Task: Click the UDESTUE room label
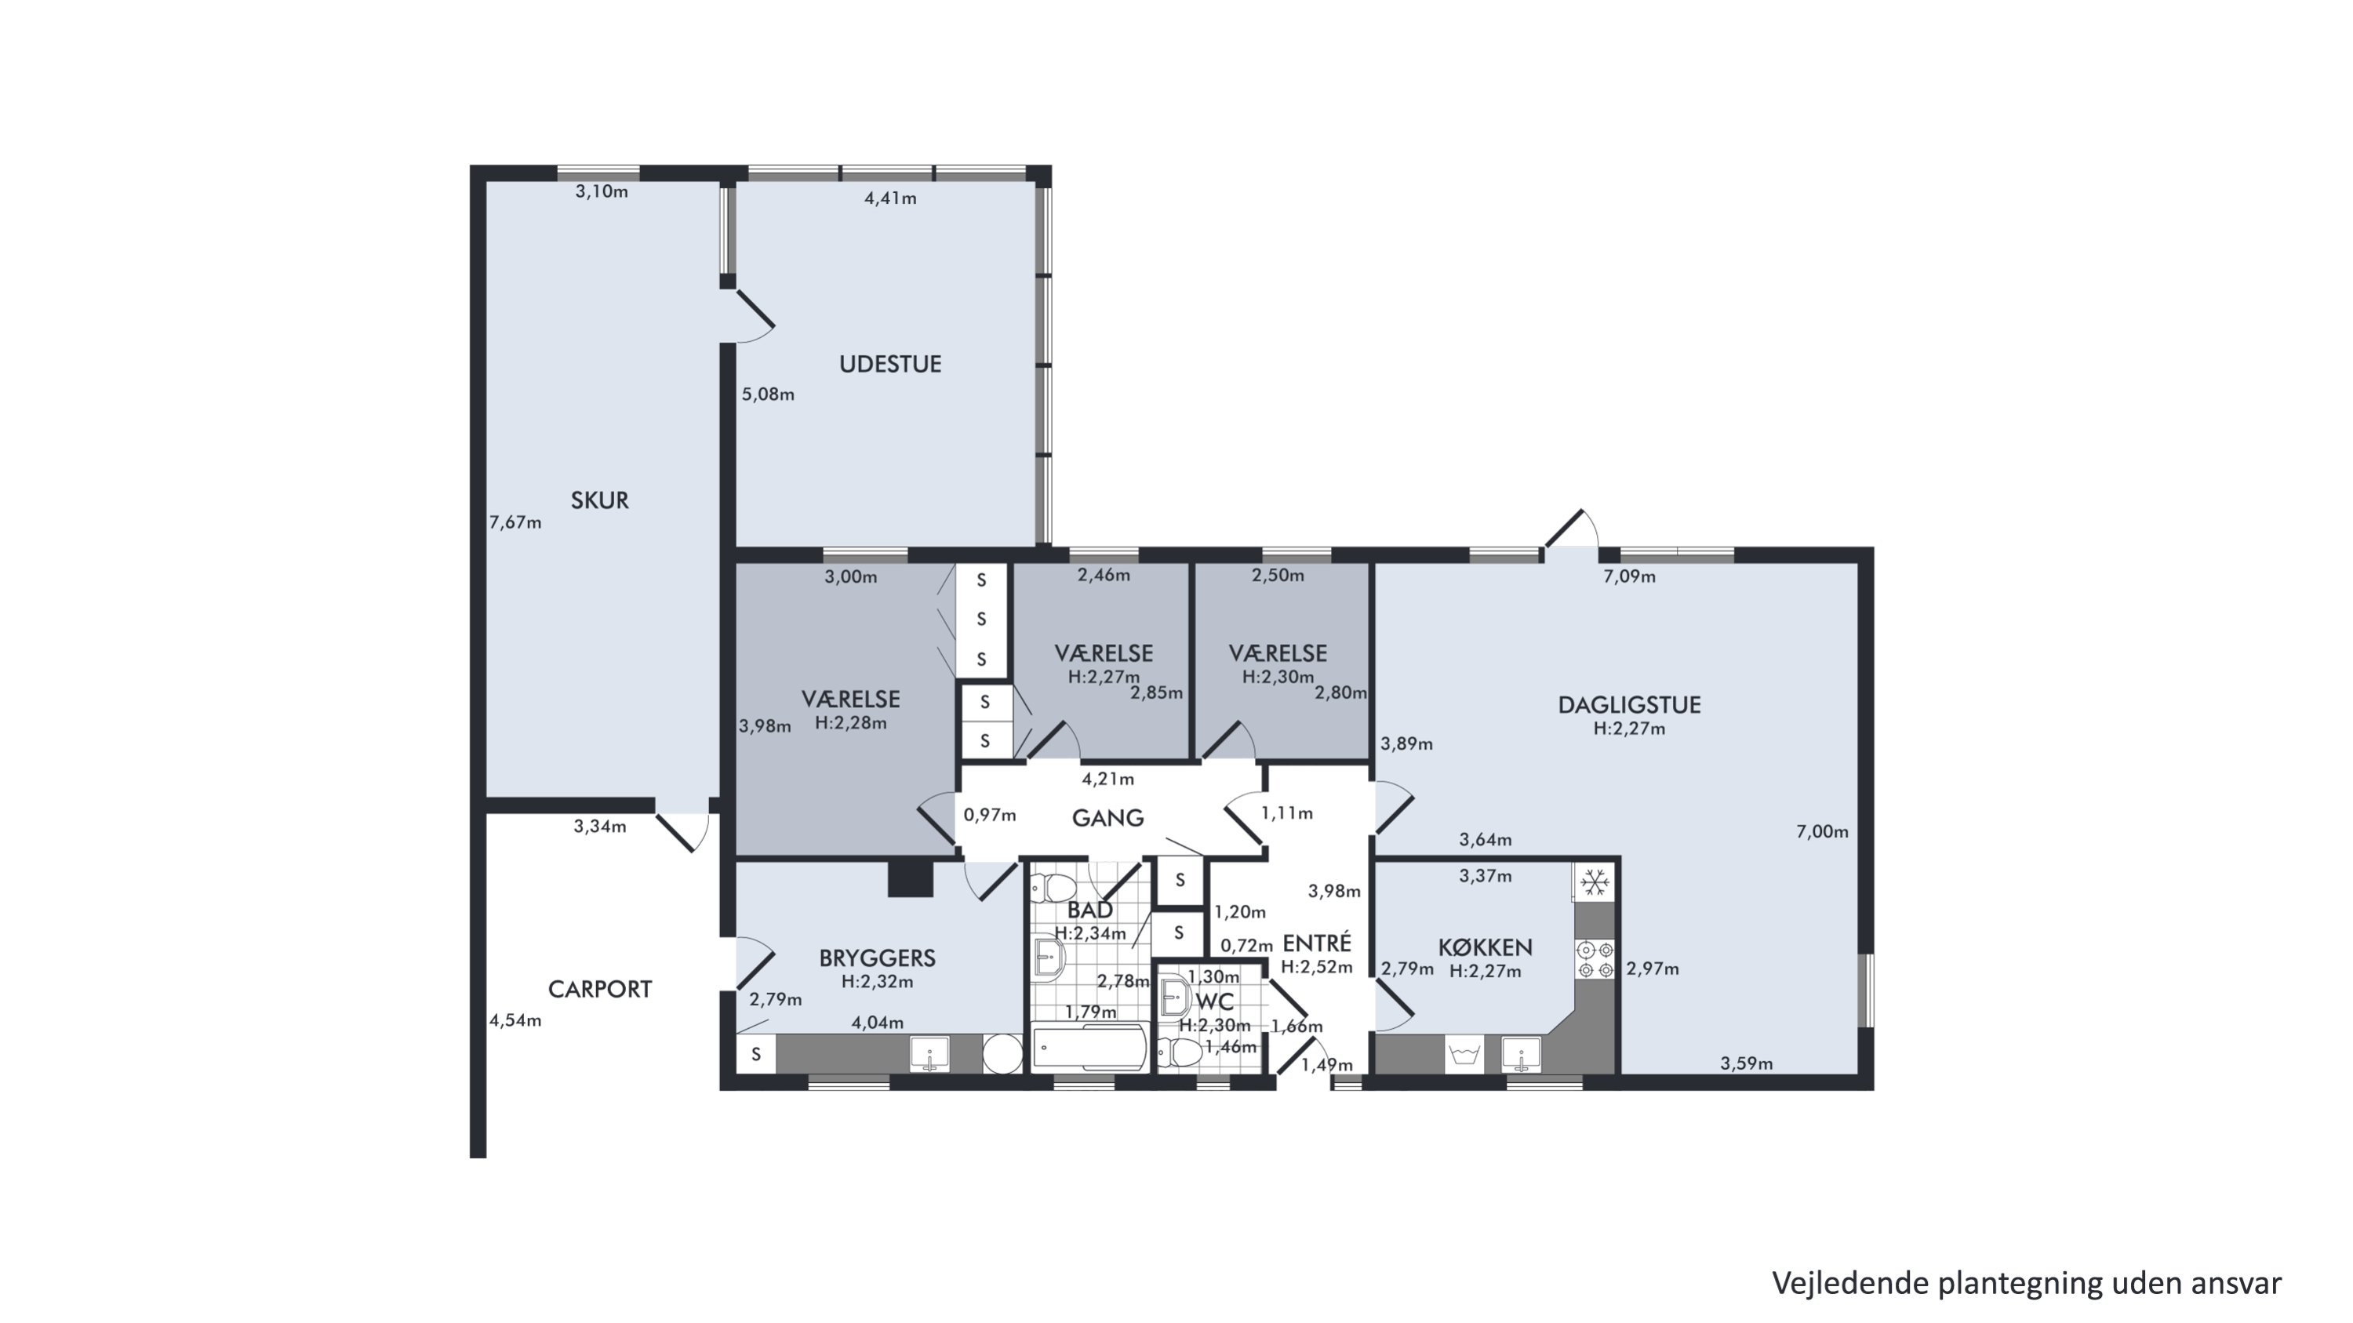point(890,365)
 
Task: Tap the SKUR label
point(600,500)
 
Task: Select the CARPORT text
point(600,989)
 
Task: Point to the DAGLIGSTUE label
point(1630,705)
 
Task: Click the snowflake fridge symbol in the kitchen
point(1595,882)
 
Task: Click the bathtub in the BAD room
point(1089,1046)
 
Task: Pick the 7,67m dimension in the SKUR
point(515,522)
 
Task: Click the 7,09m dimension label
point(1630,576)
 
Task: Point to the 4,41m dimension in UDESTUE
point(890,198)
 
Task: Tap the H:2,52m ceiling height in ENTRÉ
point(1316,967)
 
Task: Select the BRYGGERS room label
point(877,958)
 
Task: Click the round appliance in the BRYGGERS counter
point(1002,1054)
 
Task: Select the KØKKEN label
point(1486,947)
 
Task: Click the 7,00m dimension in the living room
point(1822,832)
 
